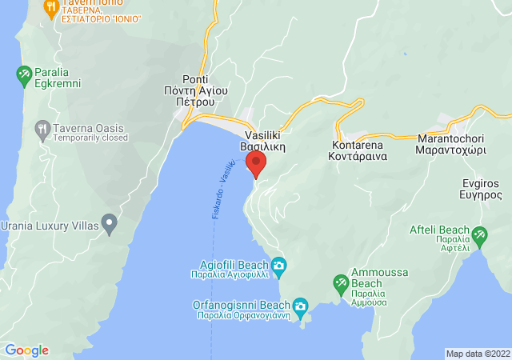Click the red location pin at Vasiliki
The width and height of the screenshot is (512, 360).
(x=256, y=164)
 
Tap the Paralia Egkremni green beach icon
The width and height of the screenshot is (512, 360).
(x=24, y=76)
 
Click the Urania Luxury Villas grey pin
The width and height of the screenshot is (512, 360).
(x=110, y=222)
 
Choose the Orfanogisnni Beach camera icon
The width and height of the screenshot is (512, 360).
(x=300, y=306)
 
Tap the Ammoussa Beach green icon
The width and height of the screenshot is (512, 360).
(x=340, y=283)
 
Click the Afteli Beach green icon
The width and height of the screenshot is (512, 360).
(x=479, y=235)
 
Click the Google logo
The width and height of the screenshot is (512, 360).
(x=26, y=350)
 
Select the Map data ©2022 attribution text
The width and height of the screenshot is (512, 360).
(x=478, y=354)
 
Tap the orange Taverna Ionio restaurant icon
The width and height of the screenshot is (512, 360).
(x=51, y=9)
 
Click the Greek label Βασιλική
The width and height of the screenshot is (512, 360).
(x=264, y=148)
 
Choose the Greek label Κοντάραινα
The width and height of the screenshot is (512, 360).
(x=358, y=158)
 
